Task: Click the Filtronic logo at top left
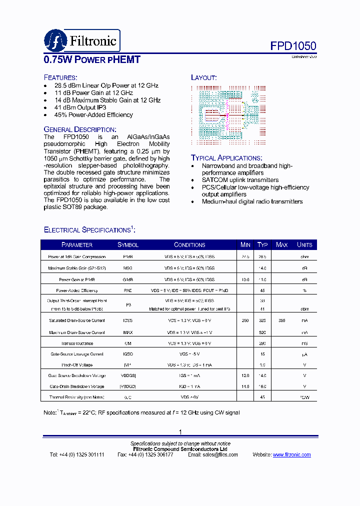[82, 40]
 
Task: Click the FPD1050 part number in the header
[293, 46]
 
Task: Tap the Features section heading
[60, 77]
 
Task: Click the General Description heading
[80, 129]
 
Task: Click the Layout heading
[203, 77]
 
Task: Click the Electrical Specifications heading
[89, 229]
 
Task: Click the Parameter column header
[76, 245]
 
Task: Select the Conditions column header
[189, 245]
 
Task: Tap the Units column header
[304, 245]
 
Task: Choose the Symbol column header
[128, 245]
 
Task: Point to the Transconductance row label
[77, 343]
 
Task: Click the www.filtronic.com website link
[292, 455]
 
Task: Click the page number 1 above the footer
[180, 432]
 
